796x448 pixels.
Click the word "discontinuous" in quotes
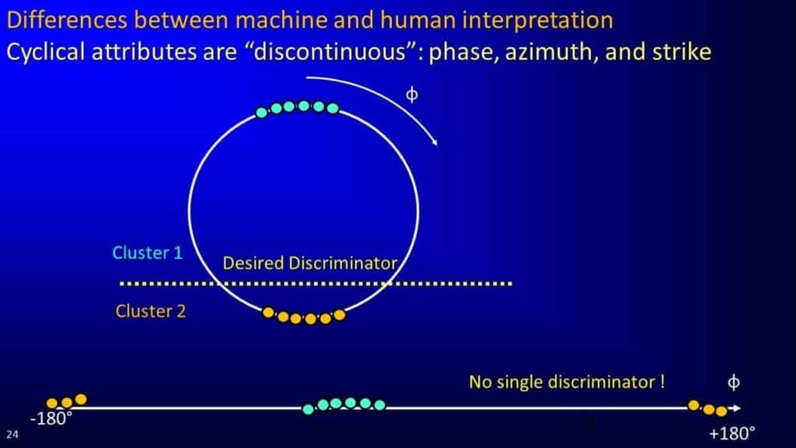330,52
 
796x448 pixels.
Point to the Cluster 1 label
147,253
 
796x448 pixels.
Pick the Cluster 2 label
151,311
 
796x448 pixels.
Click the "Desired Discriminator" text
309,263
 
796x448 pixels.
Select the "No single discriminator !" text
567,382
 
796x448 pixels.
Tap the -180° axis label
51,418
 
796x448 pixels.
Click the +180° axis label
732,433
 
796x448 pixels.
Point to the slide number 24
12,434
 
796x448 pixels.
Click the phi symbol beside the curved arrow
412,94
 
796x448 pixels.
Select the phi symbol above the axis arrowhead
733,382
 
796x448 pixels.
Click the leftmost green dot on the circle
261,112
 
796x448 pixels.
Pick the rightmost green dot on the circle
333,108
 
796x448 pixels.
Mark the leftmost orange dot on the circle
268,313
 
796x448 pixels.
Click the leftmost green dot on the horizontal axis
308,409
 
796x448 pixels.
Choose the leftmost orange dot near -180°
52,404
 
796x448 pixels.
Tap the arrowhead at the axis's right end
736,408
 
